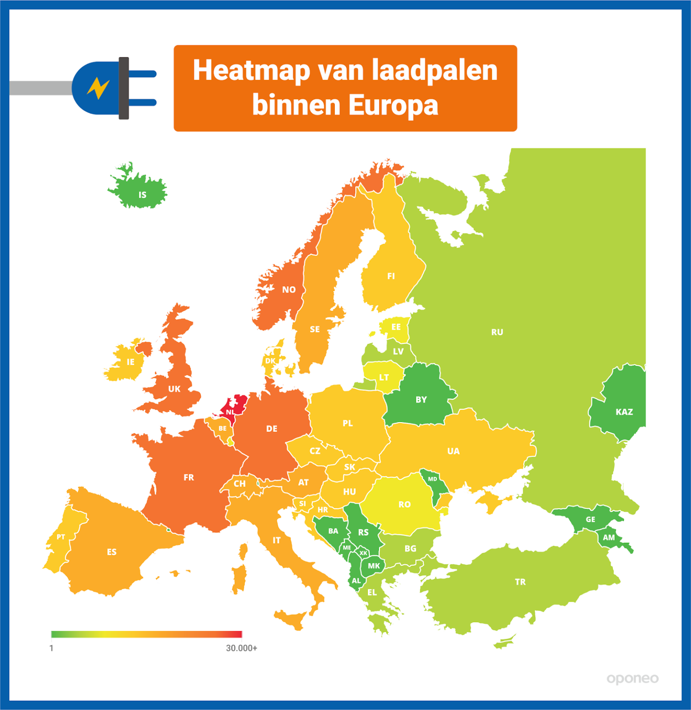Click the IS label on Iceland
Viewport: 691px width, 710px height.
(142, 195)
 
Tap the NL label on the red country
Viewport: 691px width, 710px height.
(230, 412)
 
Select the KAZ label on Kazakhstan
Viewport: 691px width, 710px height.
(624, 412)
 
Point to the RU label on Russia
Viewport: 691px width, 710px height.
(497, 332)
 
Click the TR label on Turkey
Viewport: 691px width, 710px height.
(520, 582)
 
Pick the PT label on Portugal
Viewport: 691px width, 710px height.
(61, 537)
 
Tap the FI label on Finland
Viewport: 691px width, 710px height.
(391, 276)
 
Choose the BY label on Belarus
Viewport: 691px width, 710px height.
(421, 400)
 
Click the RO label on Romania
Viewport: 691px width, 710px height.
(404, 504)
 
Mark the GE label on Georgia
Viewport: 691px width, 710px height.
(590, 520)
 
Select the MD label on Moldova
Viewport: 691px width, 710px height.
(432, 479)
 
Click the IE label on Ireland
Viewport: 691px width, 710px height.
(130, 362)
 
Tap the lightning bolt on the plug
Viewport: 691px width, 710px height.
(98, 88)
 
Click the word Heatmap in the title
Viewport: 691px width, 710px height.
(251, 70)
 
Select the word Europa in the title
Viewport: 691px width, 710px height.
(393, 105)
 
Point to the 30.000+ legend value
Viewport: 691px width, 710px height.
(241, 648)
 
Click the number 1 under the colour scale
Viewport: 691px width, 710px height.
(51, 648)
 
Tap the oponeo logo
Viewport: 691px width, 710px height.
(632, 679)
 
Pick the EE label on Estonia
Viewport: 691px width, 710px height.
(396, 327)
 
